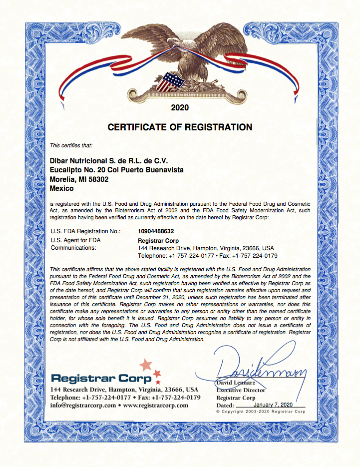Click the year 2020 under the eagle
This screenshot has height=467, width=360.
180,107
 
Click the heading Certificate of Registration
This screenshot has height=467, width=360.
180,127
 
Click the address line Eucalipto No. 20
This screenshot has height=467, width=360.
117,170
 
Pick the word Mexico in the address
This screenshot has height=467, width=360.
62,188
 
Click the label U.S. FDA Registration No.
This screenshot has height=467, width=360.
86,232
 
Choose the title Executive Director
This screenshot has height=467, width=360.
241,390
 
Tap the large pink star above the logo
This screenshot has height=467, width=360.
146,365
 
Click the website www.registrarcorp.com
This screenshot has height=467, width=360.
155,406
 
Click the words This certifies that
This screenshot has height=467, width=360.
71,145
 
